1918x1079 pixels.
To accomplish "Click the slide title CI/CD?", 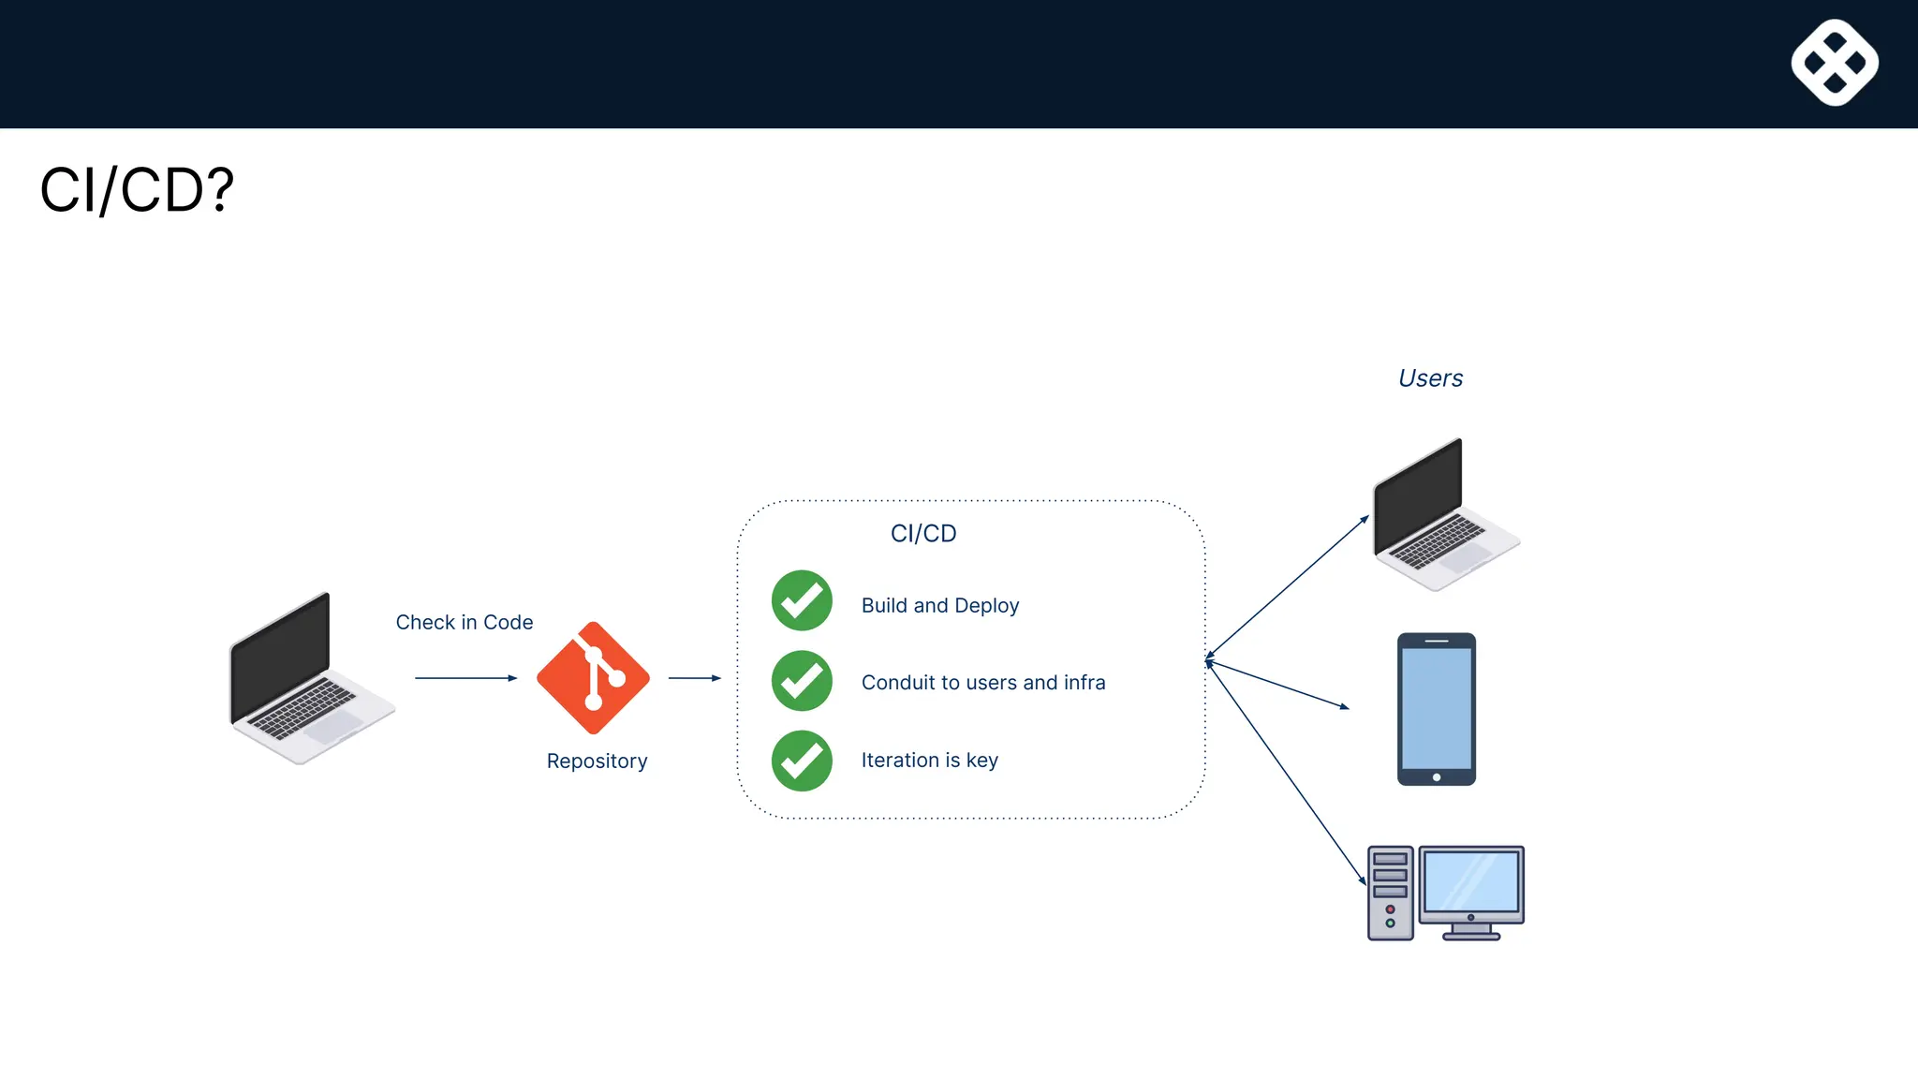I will point(137,190).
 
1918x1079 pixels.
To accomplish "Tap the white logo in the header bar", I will point(1834,63).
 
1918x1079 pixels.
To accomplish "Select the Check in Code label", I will point(464,622).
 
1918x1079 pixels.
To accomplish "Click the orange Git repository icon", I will point(593,677).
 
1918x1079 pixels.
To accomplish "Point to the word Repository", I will point(597,761).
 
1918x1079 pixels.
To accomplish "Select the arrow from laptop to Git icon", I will point(465,677).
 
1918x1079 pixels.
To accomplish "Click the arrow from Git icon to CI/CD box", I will point(694,677).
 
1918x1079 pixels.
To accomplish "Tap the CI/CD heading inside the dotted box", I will point(923,533).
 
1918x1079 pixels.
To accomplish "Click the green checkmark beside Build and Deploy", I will point(802,600).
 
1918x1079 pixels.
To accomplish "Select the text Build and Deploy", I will point(939,605).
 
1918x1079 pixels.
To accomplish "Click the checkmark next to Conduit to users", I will point(802,681).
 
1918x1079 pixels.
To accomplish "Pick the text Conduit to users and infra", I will point(982,682).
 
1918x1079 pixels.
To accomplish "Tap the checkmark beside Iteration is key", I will point(802,761).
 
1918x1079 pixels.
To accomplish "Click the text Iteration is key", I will point(929,760).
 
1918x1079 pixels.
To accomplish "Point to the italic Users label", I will point(1429,377).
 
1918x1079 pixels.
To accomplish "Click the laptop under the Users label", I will point(1442,515).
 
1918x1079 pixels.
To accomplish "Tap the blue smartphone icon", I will point(1436,709).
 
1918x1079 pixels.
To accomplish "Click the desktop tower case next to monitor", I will point(1390,893).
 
